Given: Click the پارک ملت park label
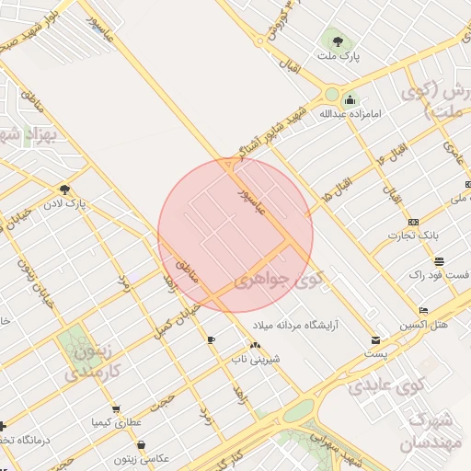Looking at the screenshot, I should click(x=337, y=57).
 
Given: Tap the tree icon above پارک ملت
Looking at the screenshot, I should click(x=337, y=41).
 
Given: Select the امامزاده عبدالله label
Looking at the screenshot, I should click(x=349, y=115).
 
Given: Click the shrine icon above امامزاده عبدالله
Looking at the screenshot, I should click(x=349, y=100).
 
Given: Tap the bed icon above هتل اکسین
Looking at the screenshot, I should click(x=422, y=311).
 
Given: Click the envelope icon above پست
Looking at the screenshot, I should click(x=374, y=339).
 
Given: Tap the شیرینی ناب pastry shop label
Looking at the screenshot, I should click(x=256, y=359).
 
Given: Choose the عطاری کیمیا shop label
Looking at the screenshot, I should click(x=115, y=422).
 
